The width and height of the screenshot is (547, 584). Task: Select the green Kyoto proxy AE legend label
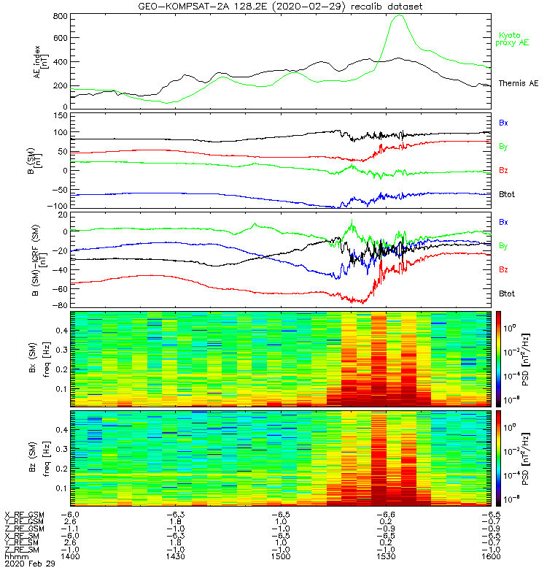(514, 39)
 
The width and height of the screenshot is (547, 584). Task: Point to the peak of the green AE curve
(398, 15)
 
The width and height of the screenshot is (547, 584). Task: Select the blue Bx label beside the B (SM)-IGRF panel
(504, 221)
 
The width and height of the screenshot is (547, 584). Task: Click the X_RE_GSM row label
(24, 515)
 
